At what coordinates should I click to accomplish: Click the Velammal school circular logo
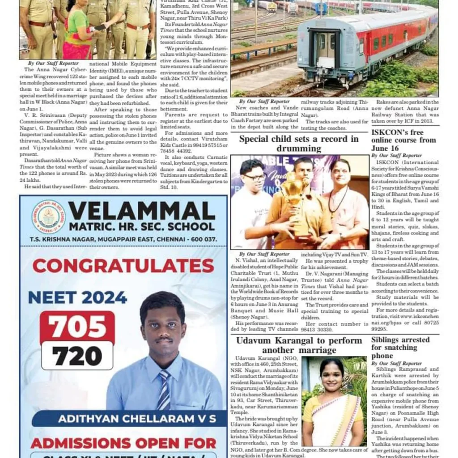click(48, 217)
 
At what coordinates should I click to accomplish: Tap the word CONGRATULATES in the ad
click(123, 266)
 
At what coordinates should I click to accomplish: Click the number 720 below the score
click(77, 356)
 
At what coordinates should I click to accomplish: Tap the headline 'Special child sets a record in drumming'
click(299, 143)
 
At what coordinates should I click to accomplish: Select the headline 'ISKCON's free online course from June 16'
click(403, 140)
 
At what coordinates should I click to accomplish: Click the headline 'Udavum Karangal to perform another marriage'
click(299, 345)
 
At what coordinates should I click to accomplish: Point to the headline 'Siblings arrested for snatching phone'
click(400, 348)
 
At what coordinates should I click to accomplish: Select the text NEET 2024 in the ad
click(77, 297)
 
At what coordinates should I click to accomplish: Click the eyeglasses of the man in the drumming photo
click(255, 177)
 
